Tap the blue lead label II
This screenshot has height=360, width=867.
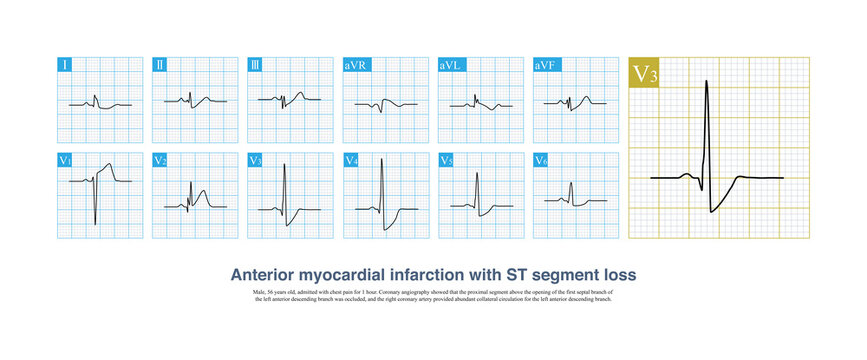(161, 66)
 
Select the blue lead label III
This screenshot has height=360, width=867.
(257, 66)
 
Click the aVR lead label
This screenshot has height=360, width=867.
(357, 66)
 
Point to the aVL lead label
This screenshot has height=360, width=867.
(452, 66)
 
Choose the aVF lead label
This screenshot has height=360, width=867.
(547, 66)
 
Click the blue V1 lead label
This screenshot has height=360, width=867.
(67, 160)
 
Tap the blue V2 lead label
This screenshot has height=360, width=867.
(162, 160)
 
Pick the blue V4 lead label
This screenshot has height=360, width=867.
(353, 160)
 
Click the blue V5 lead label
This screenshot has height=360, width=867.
(448, 160)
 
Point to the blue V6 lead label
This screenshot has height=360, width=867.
(543, 160)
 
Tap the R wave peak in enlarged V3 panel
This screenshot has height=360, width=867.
(706, 81)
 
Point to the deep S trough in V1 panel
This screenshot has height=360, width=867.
(95, 224)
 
